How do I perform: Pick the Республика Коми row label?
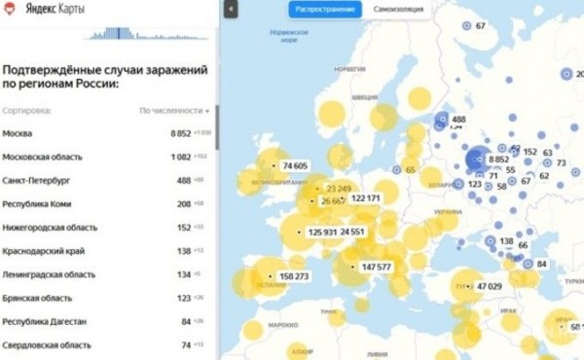click(x=37, y=204)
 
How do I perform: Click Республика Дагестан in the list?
click(x=44, y=322)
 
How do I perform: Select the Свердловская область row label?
click(x=47, y=345)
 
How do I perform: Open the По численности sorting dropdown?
click(x=175, y=111)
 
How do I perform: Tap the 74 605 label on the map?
click(x=295, y=166)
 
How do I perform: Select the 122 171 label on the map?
click(x=366, y=198)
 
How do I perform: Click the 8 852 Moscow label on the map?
click(x=498, y=159)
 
